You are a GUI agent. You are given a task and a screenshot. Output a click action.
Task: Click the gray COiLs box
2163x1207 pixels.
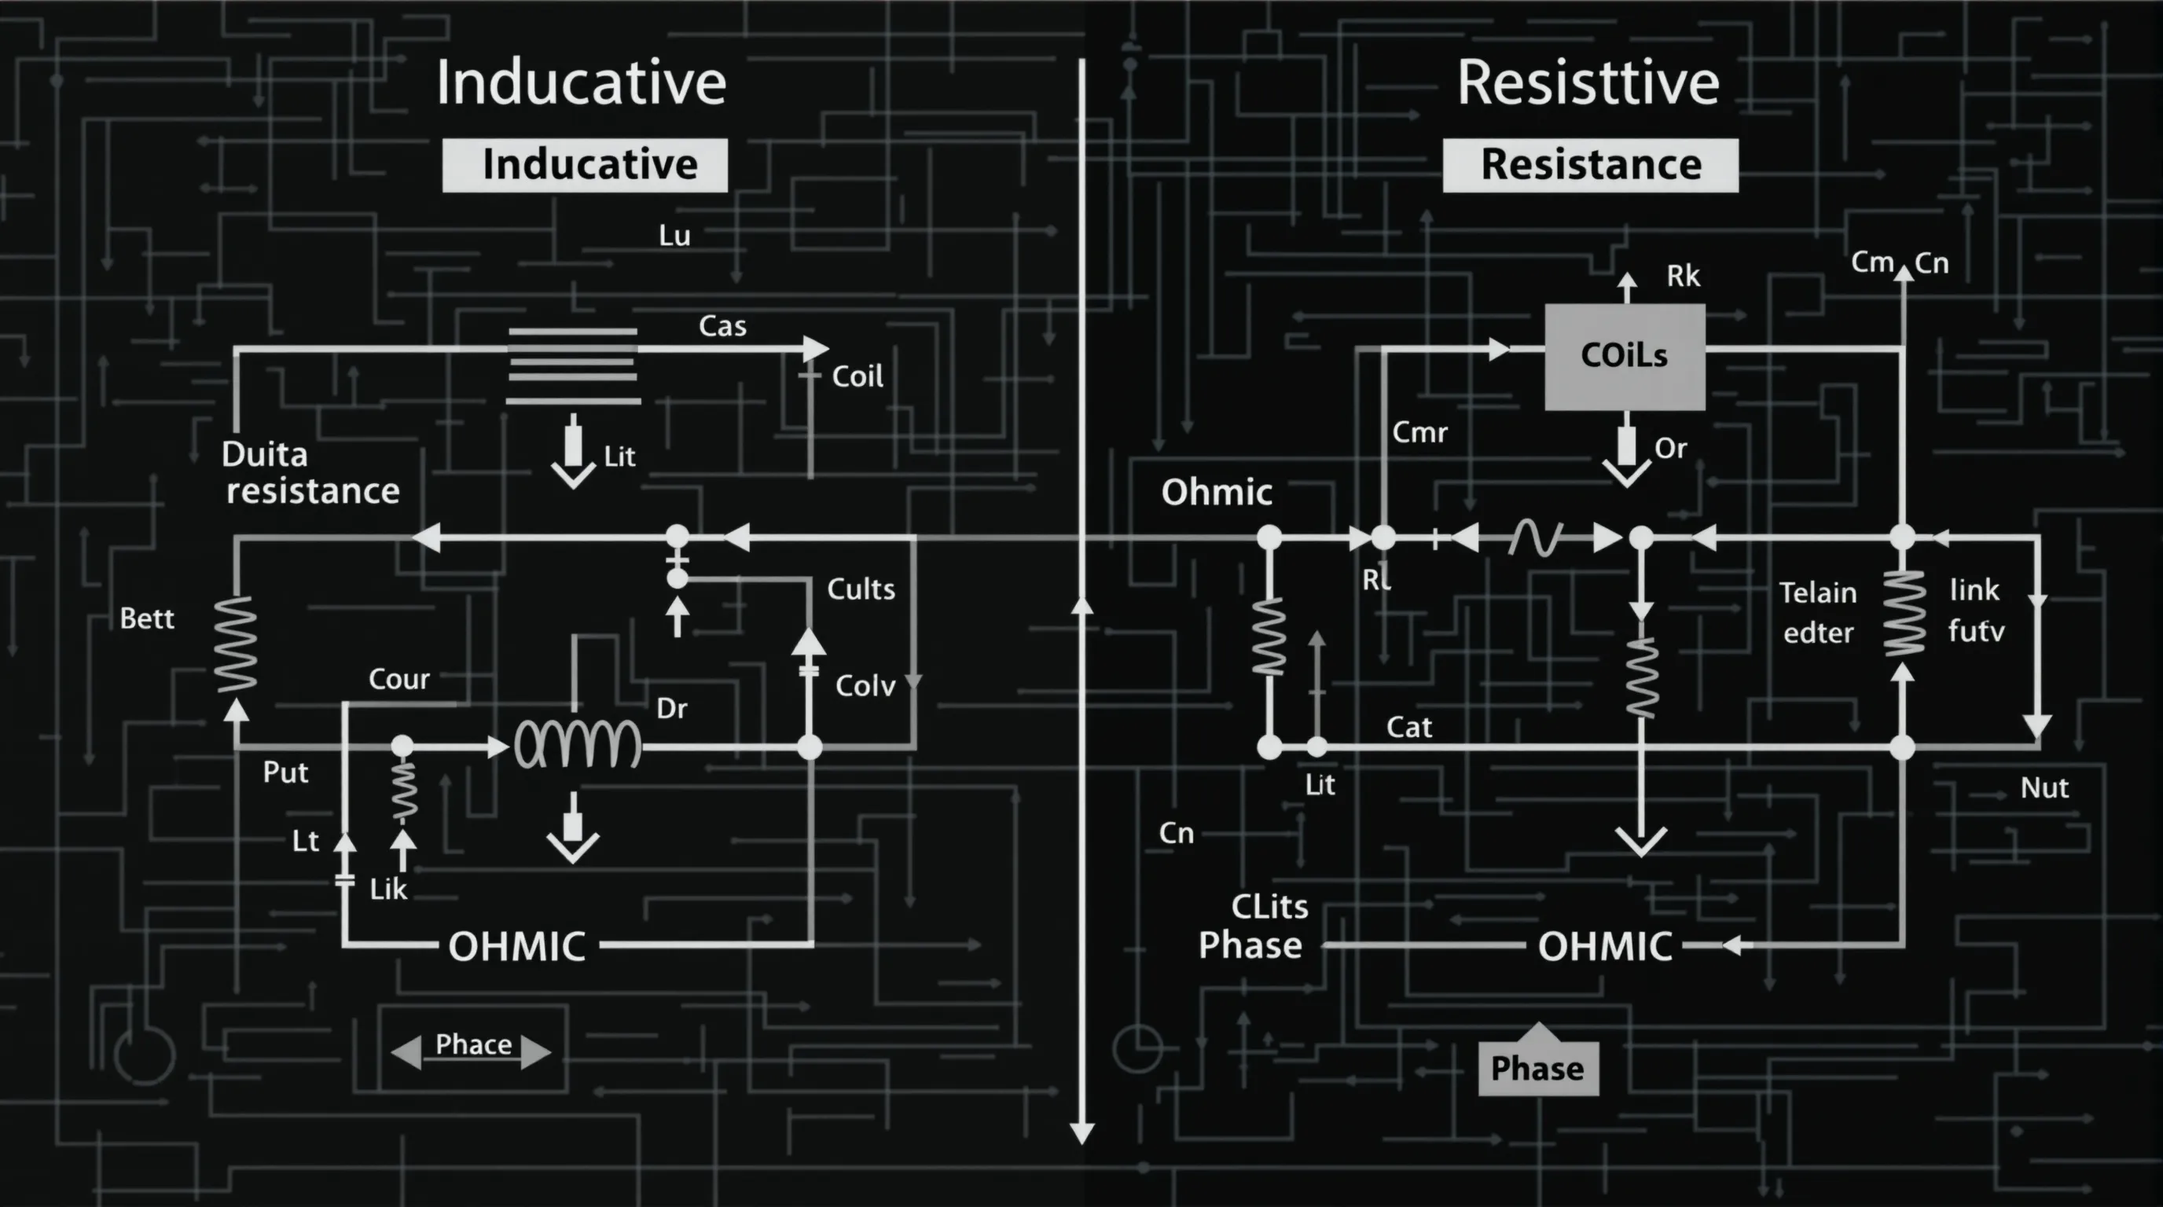point(1625,357)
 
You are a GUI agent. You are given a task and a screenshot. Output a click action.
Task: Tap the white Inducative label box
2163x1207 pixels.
point(586,165)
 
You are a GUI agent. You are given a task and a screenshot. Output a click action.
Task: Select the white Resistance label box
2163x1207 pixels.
point(1590,165)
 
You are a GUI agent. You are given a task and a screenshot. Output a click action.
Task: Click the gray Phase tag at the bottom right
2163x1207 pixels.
point(1538,1069)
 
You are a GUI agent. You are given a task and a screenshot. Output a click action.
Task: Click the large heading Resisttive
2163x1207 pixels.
point(1588,83)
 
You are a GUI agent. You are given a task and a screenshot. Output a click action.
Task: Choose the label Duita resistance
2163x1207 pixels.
point(310,472)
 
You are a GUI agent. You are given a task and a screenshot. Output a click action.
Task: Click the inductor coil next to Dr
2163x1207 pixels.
point(578,744)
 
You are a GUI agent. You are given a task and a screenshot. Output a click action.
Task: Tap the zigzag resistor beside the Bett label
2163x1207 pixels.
point(236,644)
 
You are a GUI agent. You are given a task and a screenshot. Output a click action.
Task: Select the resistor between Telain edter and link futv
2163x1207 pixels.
point(1904,613)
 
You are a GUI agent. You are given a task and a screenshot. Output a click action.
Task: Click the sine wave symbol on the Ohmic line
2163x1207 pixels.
point(1536,538)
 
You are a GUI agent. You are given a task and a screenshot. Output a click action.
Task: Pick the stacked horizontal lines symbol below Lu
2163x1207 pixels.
point(574,367)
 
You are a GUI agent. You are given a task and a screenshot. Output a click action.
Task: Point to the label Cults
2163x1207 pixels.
point(861,589)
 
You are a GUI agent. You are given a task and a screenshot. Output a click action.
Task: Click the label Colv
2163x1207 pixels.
point(865,687)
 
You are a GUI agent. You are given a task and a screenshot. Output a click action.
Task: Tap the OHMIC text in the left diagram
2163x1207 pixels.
point(517,947)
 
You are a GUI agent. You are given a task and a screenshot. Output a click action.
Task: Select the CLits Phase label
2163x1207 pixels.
point(1252,926)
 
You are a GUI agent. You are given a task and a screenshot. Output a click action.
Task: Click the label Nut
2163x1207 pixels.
point(2044,788)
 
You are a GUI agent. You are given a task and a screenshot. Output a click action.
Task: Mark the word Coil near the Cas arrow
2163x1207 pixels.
point(857,377)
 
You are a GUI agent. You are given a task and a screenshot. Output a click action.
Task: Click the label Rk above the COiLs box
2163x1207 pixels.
point(1684,276)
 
